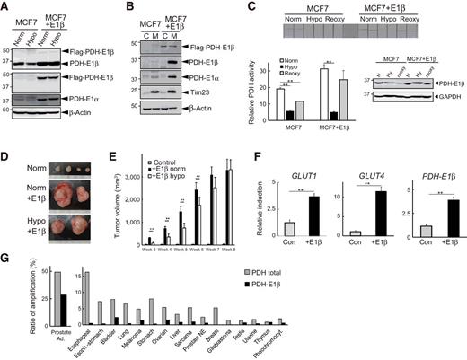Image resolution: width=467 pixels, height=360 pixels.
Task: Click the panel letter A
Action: click(x=7, y=7)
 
